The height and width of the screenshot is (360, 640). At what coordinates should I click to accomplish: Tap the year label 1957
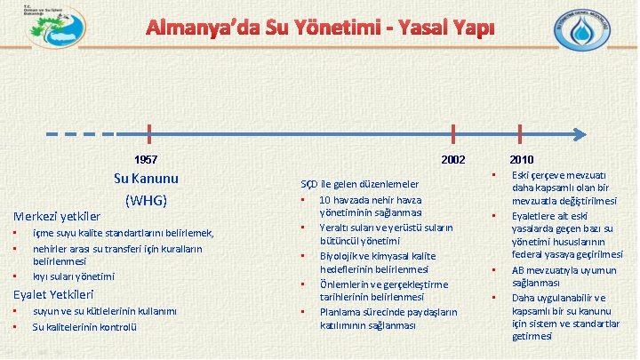coord(146,160)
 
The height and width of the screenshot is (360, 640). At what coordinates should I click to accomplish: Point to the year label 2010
coord(521,160)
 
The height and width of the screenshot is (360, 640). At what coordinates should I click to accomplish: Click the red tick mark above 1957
coord(148,134)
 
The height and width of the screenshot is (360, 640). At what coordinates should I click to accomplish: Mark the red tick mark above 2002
coord(453,134)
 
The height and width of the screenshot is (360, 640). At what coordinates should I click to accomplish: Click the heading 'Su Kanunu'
coord(147,179)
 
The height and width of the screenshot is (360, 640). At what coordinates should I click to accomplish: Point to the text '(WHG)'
coord(147,199)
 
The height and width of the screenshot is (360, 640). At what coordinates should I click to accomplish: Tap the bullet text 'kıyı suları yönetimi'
coord(74,276)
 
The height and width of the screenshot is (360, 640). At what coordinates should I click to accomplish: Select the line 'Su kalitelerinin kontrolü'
coord(84,326)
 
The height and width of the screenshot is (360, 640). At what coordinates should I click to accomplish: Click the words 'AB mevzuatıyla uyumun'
coord(558,269)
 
